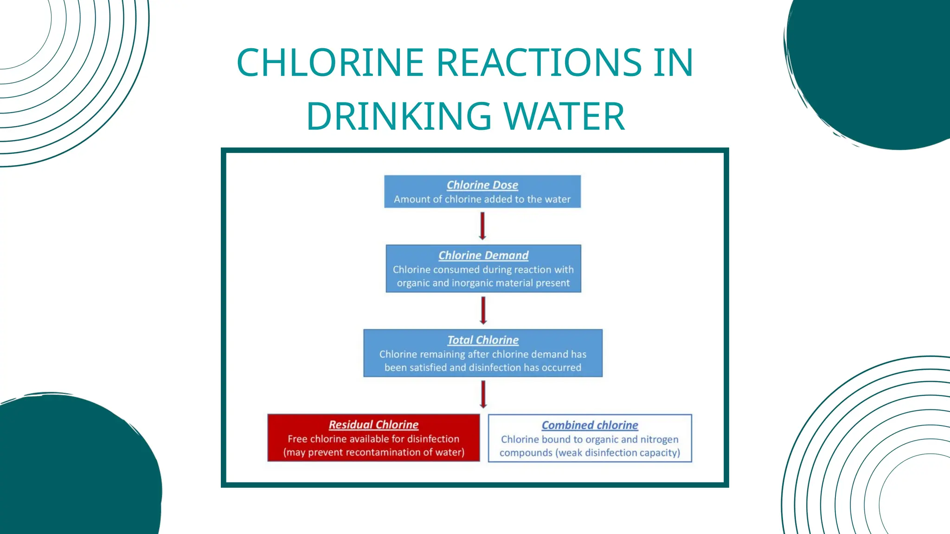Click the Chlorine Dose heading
[482, 185]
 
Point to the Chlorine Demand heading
[483, 255]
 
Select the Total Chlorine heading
[482, 340]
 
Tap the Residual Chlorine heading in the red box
[373, 425]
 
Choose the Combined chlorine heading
[590, 425]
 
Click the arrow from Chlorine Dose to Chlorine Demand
[482, 226]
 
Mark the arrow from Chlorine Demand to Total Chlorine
[483, 310]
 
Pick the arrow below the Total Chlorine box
[483, 394]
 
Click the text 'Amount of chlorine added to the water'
[482, 199]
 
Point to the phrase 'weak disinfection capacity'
[617, 453]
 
